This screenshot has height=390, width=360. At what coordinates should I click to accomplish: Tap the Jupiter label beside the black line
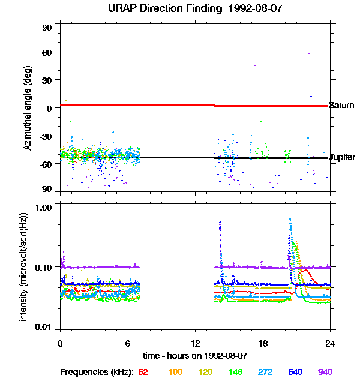(341, 158)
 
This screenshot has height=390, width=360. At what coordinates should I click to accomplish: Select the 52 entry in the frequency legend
(143, 372)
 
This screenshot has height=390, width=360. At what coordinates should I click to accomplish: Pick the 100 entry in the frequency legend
(175, 372)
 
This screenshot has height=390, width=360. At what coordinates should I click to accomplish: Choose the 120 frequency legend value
(206, 372)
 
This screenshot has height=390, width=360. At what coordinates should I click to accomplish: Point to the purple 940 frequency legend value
(325, 372)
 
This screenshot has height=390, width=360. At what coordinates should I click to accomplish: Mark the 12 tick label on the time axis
(195, 344)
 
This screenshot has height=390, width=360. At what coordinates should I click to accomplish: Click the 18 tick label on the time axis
(262, 344)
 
